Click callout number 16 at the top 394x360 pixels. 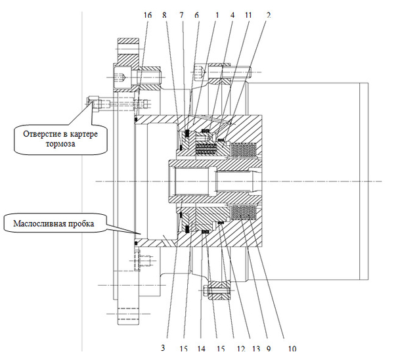148,15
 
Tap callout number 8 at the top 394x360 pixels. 164,15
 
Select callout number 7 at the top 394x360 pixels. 181,15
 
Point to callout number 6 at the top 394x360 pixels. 196,15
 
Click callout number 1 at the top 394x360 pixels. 217,15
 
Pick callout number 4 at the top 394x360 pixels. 232,15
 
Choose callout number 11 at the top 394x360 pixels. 248,15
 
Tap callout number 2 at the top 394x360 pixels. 269,15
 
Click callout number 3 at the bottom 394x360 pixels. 163,348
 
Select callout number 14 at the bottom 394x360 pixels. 201,349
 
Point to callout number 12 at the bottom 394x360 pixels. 241,349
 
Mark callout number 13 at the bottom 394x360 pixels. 256,349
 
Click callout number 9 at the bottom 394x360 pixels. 269,349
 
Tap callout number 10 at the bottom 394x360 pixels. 292,349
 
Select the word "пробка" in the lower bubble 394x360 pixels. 81,224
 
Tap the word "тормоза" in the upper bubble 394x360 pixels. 60,144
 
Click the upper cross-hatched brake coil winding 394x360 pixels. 244,149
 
